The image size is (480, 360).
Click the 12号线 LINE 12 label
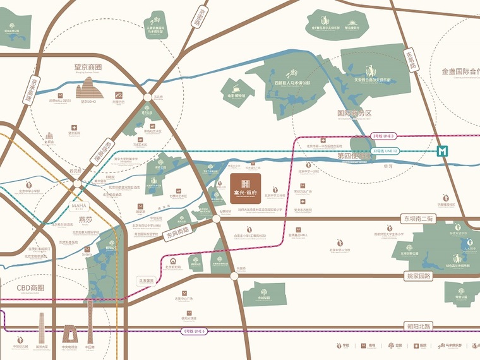386,151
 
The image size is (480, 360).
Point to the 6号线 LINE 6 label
194,330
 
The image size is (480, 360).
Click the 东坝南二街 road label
419,218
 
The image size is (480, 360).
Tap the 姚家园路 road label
418,276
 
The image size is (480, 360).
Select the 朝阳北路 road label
418,327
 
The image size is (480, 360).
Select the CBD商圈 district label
30,287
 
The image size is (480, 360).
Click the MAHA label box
79,206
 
